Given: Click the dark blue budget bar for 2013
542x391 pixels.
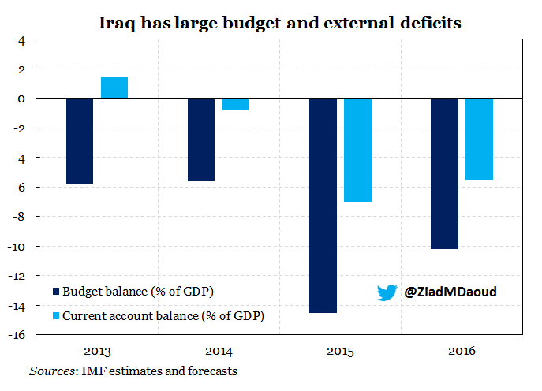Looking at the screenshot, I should pos(80,140).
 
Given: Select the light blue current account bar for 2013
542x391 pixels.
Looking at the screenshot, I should pos(114,88).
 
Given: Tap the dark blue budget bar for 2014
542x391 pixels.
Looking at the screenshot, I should pos(201,140).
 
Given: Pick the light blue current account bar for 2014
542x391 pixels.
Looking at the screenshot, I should pos(236,104).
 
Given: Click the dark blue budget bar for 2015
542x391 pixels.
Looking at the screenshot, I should pos(323,205).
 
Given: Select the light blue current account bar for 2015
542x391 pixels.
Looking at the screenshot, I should pos(357,150).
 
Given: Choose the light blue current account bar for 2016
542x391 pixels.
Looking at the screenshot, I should pos(479,139).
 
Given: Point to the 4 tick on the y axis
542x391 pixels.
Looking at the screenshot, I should pos(21,40).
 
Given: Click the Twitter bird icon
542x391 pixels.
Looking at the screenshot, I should pos(387,292).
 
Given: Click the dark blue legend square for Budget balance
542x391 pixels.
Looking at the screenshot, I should pos(56,292).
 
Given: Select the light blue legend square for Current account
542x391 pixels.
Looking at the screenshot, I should pos(56,315).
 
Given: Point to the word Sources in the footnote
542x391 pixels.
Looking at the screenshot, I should pos(48,370).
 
